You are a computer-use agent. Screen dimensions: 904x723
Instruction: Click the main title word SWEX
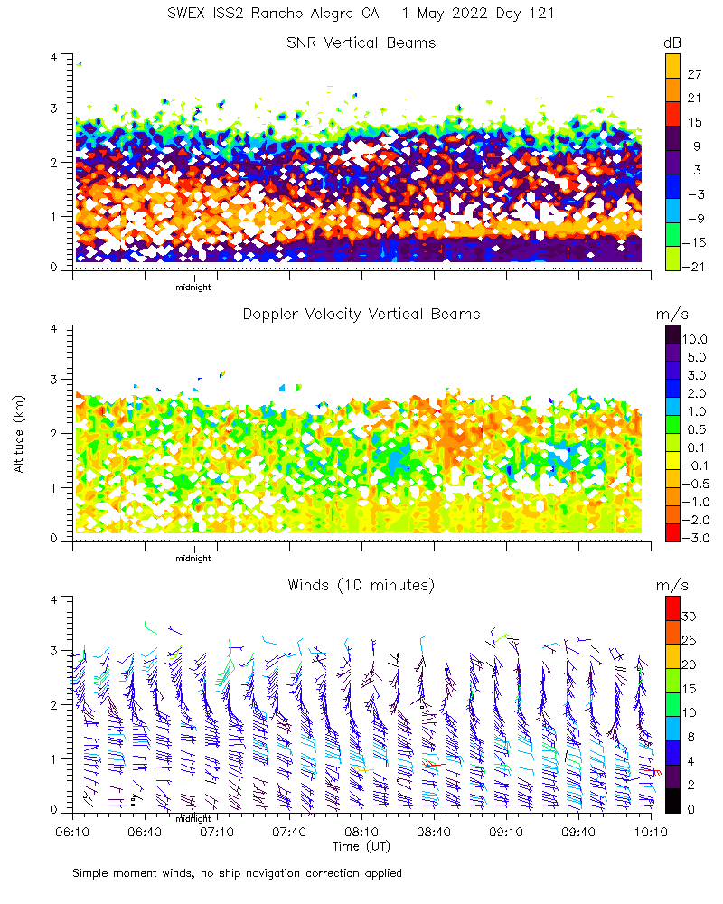(x=188, y=14)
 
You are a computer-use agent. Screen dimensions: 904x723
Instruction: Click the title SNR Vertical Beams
(x=361, y=42)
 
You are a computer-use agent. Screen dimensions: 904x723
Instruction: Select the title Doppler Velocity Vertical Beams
(x=361, y=314)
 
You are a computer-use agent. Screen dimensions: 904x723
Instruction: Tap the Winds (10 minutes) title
(x=361, y=585)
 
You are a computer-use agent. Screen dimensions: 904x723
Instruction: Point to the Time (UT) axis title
(x=361, y=846)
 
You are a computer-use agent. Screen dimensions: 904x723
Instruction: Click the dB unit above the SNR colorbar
(x=672, y=42)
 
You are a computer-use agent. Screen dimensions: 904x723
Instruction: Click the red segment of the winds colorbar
(x=672, y=607)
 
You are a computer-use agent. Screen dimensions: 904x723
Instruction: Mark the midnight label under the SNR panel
(x=192, y=287)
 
